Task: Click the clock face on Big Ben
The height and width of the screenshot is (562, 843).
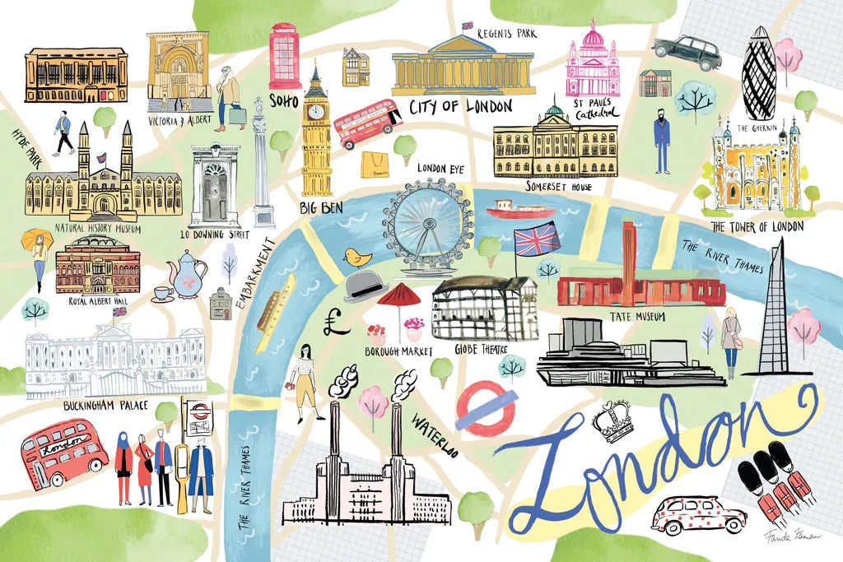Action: (314, 111)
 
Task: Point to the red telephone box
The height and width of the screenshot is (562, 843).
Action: (285, 55)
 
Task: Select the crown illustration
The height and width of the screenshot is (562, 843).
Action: (614, 420)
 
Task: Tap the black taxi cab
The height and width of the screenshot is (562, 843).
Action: (687, 52)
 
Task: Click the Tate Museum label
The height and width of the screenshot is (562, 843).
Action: (638, 317)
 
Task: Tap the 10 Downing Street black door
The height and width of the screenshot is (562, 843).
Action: (215, 197)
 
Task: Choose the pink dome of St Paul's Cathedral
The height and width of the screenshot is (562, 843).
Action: (593, 37)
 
